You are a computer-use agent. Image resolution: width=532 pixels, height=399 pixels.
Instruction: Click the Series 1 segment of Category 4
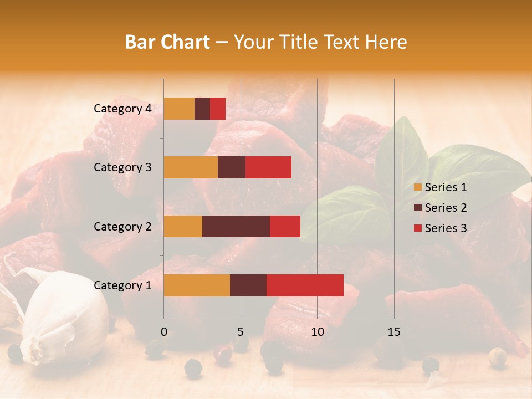179,109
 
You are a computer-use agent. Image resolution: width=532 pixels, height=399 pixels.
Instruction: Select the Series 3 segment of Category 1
305,285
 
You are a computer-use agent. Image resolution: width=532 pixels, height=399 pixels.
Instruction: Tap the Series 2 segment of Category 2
236,226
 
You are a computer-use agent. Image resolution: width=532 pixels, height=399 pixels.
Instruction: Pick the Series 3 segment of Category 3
268,167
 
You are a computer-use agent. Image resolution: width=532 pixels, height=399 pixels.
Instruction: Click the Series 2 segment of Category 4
202,109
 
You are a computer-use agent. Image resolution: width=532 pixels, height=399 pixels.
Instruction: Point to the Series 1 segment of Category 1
197,285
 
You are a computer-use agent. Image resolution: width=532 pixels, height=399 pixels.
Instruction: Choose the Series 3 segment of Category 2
285,226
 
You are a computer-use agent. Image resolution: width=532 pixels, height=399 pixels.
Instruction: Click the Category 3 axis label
122,167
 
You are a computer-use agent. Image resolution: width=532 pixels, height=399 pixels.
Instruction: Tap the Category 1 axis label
122,285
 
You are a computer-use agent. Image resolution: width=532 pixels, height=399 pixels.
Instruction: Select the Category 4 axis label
122,109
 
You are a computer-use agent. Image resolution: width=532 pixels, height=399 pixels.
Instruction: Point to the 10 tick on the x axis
317,332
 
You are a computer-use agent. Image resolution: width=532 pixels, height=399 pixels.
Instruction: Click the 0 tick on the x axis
163,332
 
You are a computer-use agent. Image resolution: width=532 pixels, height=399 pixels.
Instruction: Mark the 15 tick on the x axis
394,332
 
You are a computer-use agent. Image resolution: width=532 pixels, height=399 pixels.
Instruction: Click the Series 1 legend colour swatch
417,187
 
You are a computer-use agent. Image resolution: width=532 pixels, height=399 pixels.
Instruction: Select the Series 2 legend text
446,208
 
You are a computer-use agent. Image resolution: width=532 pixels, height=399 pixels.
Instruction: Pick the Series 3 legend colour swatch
417,228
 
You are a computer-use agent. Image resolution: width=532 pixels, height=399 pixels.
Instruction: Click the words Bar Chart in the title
167,42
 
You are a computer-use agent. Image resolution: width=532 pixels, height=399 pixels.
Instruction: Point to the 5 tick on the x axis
241,332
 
